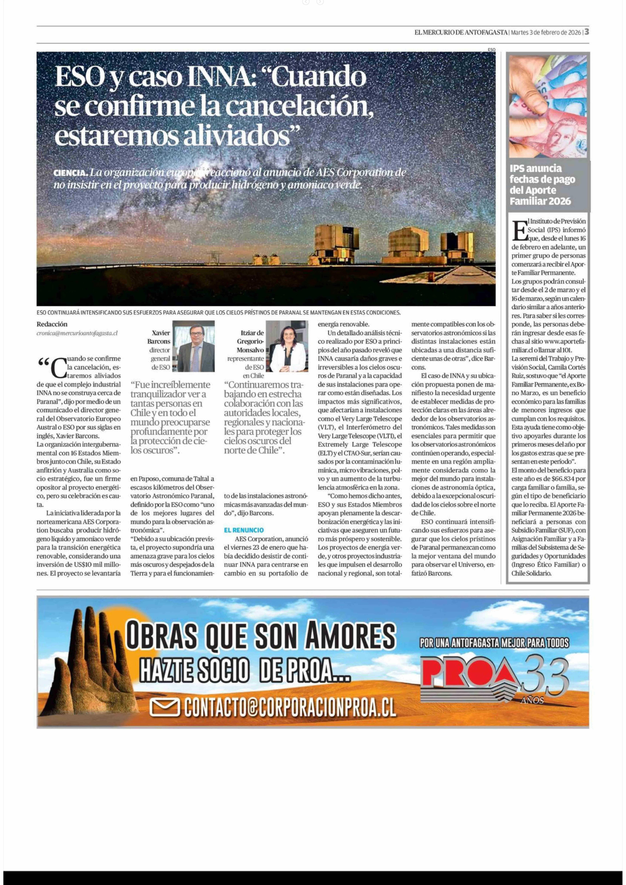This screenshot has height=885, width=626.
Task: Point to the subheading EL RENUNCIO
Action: [244, 530]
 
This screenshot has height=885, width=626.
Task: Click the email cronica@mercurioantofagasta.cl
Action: [77, 333]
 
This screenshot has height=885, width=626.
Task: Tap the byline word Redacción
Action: [52, 324]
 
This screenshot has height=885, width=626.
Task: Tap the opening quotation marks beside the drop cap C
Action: [44, 362]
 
